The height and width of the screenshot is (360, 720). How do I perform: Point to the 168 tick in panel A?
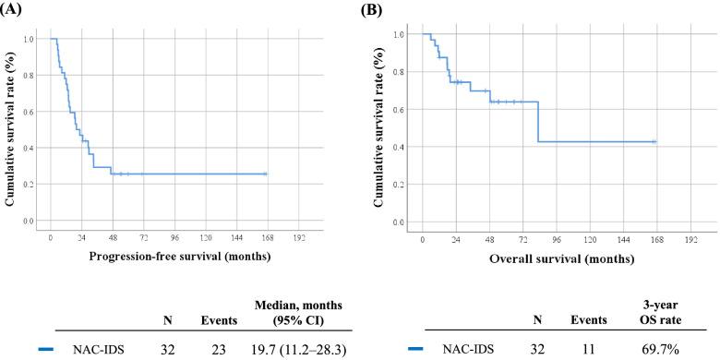point(268,236)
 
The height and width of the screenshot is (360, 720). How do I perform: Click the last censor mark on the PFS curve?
point(265,174)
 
